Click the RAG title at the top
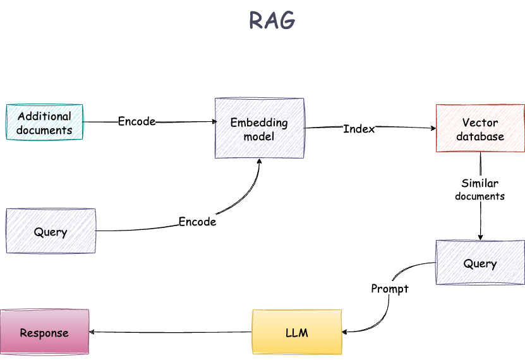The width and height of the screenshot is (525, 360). pyautogui.click(x=272, y=21)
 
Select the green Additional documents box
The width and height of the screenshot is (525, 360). pyautogui.click(x=44, y=123)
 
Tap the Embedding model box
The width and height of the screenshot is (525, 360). pyautogui.click(x=259, y=128)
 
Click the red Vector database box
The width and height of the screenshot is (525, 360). pyautogui.click(x=480, y=129)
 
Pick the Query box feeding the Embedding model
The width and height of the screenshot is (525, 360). pyautogui.click(x=51, y=231)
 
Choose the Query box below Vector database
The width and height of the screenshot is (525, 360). pyautogui.click(x=480, y=263)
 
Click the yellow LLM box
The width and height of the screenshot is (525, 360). pyautogui.click(x=297, y=332)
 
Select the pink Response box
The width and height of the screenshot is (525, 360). pyautogui.click(x=44, y=332)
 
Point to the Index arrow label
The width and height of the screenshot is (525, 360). pyautogui.click(x=359, y=129)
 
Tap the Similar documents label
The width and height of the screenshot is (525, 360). pyautogui.click(x=480, y=189)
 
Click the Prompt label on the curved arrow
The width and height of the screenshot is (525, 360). pyautogui.click(x=389, y=289)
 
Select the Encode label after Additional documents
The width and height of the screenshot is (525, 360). pyautogui.click(x=136, y=121)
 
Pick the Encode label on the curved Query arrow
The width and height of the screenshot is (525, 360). pyautogui.click(x=197, y=222)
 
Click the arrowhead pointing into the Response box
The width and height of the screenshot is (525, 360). pyautogui.click(x=92, y=332)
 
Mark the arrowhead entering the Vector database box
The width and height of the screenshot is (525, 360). pyautogui.click(x=433, y=128)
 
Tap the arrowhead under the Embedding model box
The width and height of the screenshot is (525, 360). pyautogui.click(x=259, y=162)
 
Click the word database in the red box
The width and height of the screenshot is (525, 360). pyautogui.click(x=480, y=136)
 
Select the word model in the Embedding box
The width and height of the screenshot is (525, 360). pyautogui.click(x=259, y=136)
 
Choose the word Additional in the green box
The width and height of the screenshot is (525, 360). pyautogui.click(x=44, y=116)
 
